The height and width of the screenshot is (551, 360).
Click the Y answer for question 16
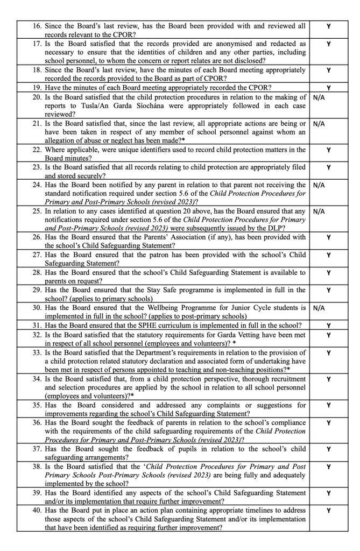(x=328, y=26)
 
